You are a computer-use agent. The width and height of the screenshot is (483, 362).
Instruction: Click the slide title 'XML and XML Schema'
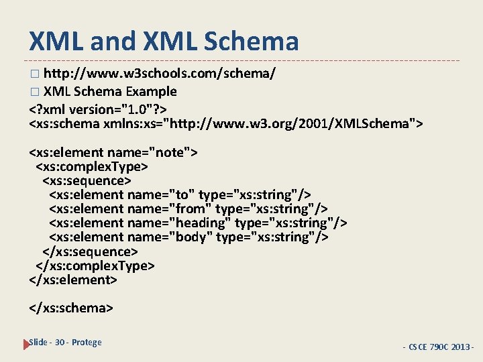[x=164, y=41]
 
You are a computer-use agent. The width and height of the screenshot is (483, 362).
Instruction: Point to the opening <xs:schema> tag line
[x=227, y=123]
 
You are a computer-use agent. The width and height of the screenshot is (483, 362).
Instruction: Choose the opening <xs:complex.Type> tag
[x=92, y=166]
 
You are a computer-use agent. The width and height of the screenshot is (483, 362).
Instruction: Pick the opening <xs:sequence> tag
[x=87, y=180]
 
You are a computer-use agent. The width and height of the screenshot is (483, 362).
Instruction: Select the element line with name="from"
[x=189, y=208]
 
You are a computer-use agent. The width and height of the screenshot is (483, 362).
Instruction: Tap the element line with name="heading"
[x=199, y=223]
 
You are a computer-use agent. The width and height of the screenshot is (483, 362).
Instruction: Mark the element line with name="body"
[x=189, y=237]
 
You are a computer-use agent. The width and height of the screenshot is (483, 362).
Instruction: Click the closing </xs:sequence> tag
[x=90, y=251]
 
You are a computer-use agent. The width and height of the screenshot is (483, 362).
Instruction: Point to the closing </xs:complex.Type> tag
[x=95, y=265]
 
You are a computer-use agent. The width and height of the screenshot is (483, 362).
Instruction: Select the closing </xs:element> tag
[x=73, y=280]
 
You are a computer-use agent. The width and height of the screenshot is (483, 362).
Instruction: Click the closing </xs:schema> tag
[x=71, y=308]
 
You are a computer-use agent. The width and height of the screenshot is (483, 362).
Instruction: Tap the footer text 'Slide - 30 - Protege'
[x=66, y=343]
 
